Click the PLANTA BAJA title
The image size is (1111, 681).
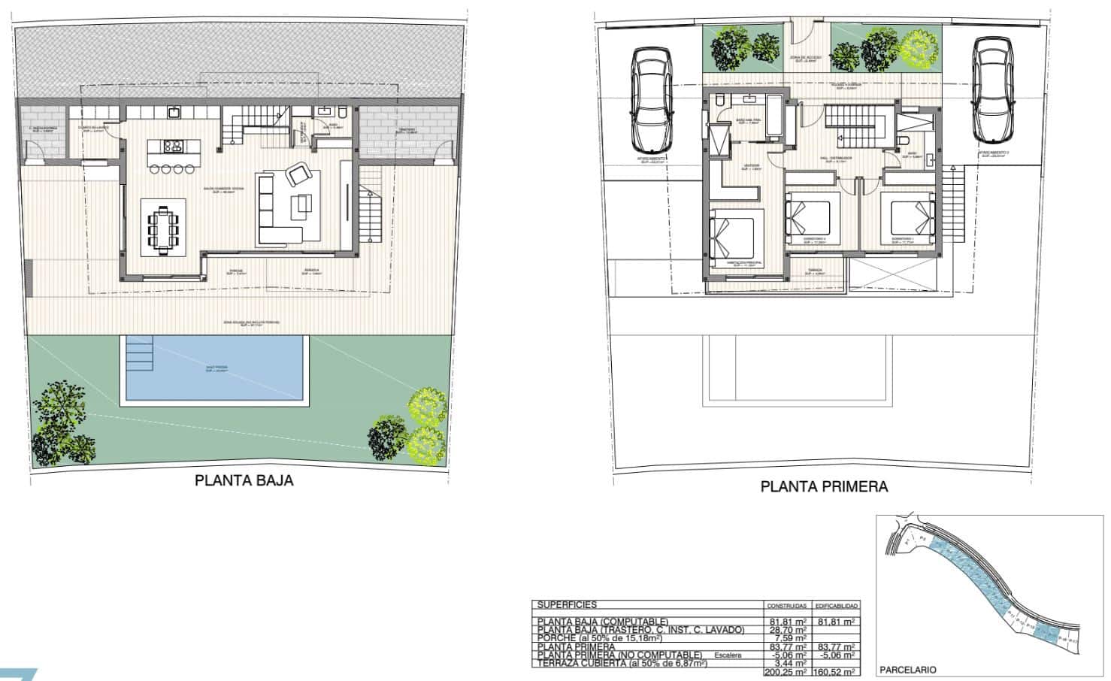coord(244,480)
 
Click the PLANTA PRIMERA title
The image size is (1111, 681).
coord(824,486)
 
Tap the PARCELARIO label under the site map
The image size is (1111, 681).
coord(908,669)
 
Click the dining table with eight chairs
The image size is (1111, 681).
coord(164,226)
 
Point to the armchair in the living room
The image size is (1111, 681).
coord(298,175)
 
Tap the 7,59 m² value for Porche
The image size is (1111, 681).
coord(789,638)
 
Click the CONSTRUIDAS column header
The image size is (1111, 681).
coord(786,605)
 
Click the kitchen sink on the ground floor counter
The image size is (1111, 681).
coord(174,113)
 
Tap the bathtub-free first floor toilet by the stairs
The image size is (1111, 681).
coord(906,142)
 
